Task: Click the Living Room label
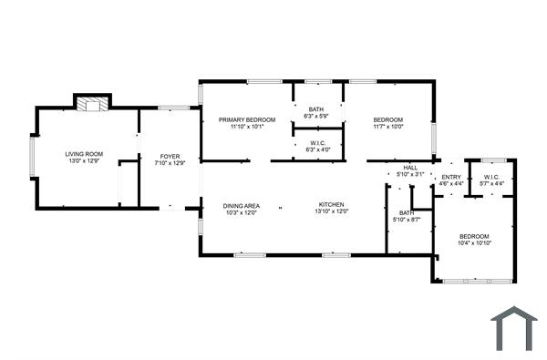(83, 154)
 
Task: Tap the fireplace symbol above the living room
(90, 104)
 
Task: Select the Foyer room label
(170, 157)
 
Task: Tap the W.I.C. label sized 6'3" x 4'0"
(317, 142)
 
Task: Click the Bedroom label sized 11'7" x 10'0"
(387, 119)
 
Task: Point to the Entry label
(451, 177)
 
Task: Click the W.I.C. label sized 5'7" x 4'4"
(491, 177)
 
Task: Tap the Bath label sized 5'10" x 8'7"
(406, 213)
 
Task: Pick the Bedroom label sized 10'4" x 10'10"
(474, 236)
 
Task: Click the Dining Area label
(242, 206)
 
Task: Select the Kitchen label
(331, 204)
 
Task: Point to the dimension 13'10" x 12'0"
(331, 211)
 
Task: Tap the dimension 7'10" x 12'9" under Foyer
(170, 164)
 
